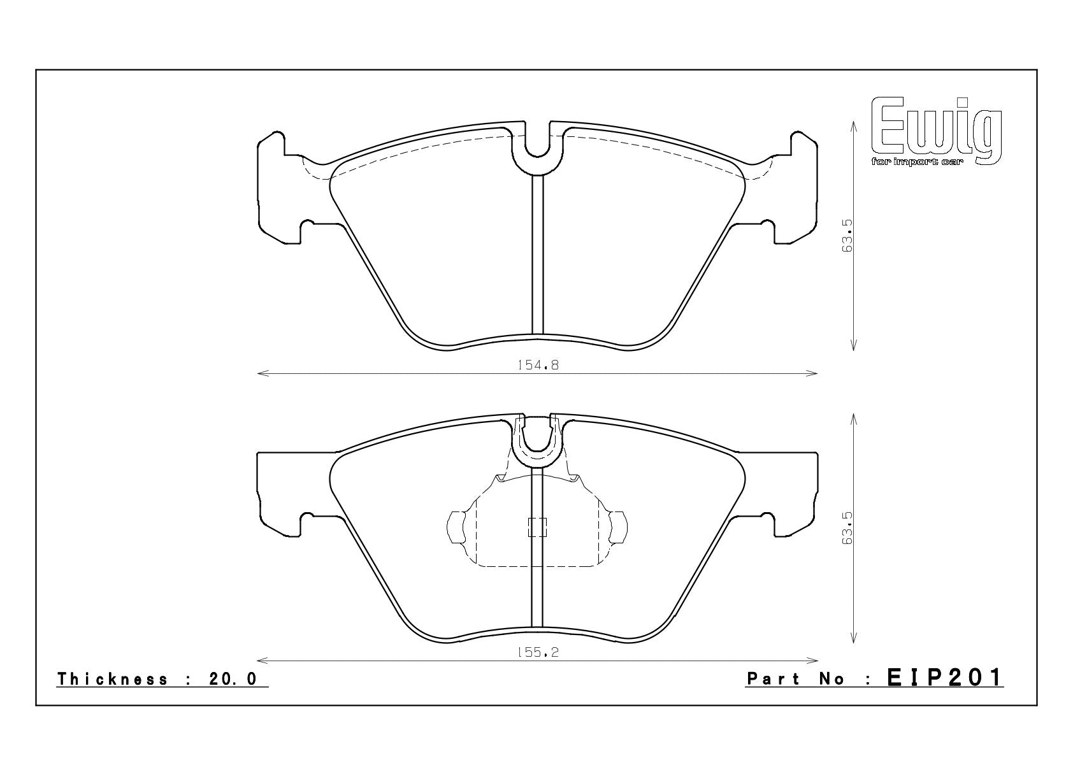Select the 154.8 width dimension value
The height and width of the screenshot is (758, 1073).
[538, 365]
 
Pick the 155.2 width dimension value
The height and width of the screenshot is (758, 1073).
[538, 652]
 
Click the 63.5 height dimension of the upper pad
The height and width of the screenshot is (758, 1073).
[847, 236]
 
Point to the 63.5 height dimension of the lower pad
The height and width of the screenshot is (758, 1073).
[847, 527]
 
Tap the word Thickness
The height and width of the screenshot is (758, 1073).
[113, 679]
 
